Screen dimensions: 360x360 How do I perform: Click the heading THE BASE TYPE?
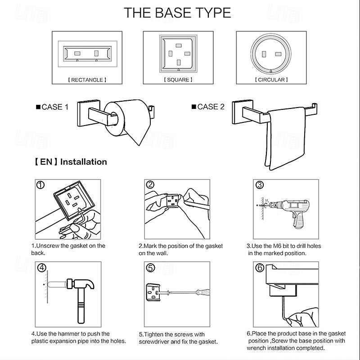tap(177, 12)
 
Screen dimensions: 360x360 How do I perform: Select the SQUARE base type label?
tap(178, 80)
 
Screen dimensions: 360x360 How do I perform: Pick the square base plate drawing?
tap(178, 53)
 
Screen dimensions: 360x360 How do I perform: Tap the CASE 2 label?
tap(208, 107)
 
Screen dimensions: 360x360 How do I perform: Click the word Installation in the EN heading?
tap(84, 162)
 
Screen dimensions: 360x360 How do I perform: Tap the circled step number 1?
tap(41, 185)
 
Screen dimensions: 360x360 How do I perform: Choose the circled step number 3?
tap(260, 185)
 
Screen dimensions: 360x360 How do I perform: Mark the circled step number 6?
tap(260, 268)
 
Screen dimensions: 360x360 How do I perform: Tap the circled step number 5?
tap(151, 268)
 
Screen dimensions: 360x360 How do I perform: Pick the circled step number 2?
tap(150, 185)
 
